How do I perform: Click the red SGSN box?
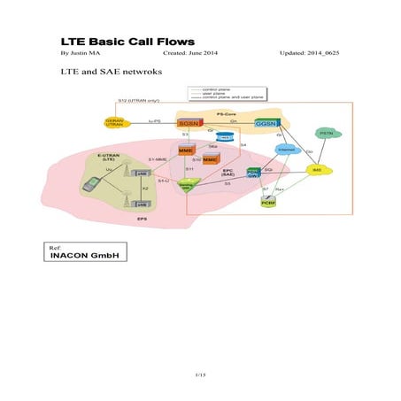pyautogui.click(x=188, y=123)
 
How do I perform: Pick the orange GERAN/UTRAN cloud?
pyautogui.click(x=113, y=122)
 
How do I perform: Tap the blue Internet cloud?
pyautogui.click(x=285, y=148)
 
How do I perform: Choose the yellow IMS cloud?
pyautogui.click(x=315, y=169)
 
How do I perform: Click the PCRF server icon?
pyautogui.click(x=269, y=202)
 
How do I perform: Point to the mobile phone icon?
pyautogui.click(x=89, y=185)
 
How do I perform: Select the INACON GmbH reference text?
pyautogui.click(x=85, y=257)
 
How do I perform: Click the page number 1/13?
pyautogui.click(x=200, y=375)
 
